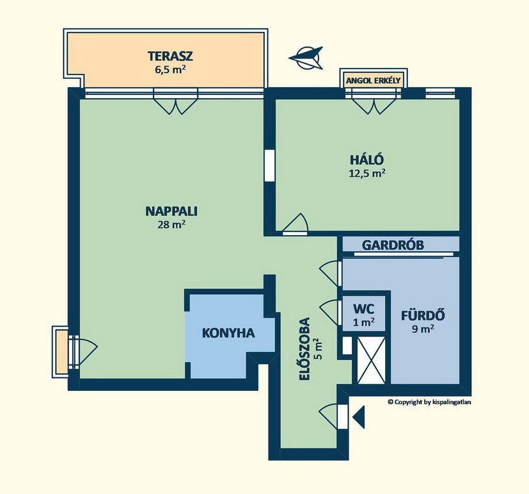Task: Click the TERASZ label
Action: tap(170, 56)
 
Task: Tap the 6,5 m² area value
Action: tap(170, 70)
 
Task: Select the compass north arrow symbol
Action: tap(306, 58)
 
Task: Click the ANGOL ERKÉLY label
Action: tap(373, 81)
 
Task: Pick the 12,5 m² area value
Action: tap(367, 174)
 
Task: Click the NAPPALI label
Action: tap(171, 211)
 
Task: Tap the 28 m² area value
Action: tap(171, 225)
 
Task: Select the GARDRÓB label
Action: tap(393, 245)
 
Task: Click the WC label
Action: tap(363, 308)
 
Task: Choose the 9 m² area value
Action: tap(423, 329)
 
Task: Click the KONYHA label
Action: tap(228, 333)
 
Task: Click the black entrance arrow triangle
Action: tap(359, 417)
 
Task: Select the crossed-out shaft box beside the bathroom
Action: tap(371, 361)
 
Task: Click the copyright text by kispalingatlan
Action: tap(429, 402)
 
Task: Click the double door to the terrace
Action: tap(175, 101)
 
